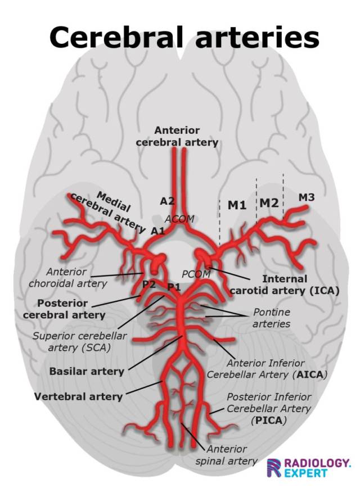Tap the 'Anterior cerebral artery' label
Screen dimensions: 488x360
[177, 137]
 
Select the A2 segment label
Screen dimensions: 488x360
[167, 201]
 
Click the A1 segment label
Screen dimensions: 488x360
[157, 231]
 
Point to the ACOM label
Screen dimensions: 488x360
[179, 218]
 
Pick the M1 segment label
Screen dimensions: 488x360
[237, 205]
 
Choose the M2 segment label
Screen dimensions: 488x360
[269, 202]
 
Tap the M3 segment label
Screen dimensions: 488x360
[307, 197]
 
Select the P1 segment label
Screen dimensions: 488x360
[174, 287]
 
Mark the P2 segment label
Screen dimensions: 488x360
[149, 284]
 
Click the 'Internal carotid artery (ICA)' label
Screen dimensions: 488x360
[285, 284]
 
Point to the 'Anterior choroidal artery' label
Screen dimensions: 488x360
[69, 277]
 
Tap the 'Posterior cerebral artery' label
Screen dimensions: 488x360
[64, 309]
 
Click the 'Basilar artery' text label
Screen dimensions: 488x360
[86, 372]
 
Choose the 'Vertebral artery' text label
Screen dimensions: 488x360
[78, 396]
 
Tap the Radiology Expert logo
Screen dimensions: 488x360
[309, 467]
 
